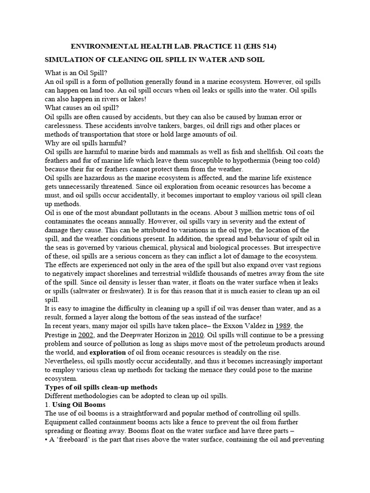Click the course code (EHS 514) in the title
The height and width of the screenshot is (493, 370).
tap(258, 47)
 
